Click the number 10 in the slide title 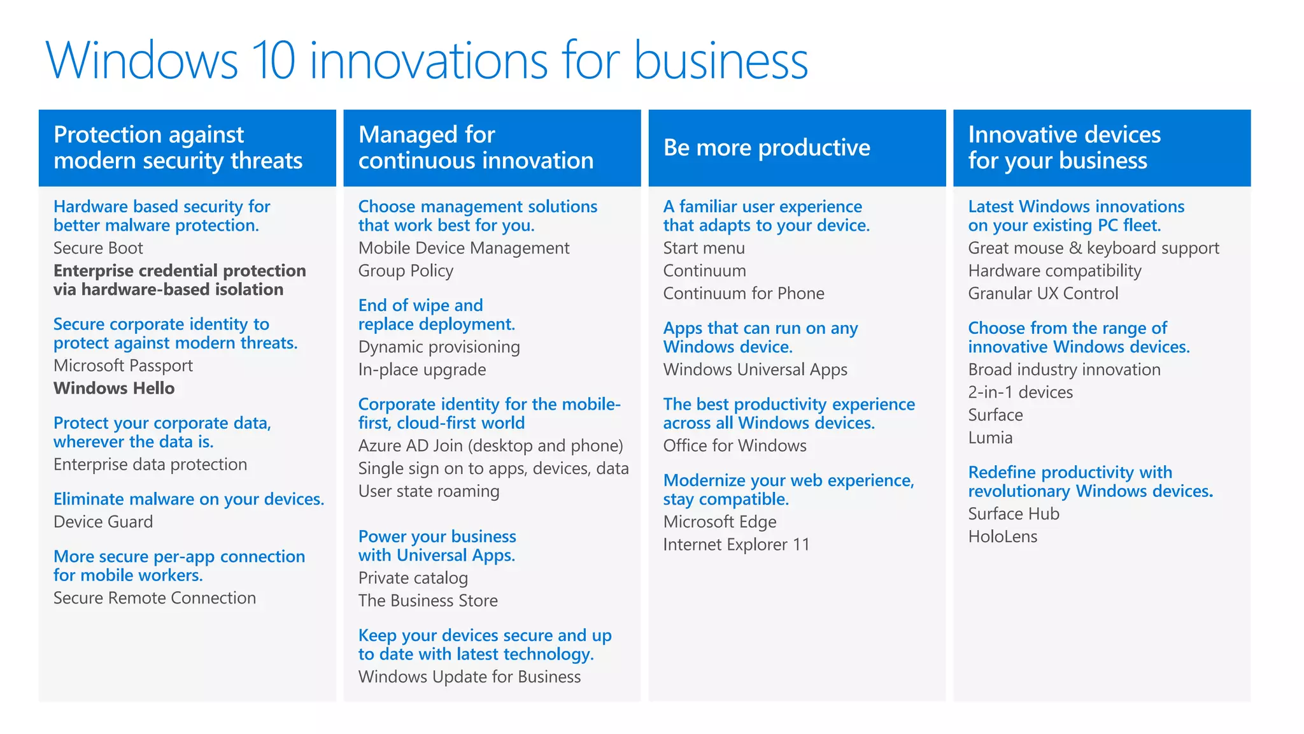click(x=274, y=61)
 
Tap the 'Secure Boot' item click(x=98, y=248)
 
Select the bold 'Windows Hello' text click(x=114, y=388)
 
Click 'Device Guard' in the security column click(x=103, y=522)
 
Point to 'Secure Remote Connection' click(x=155, y=598)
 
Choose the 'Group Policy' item click(x=406, y=271)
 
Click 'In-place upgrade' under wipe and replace click(x=422, y=370)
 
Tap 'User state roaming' click(x=429, y=491)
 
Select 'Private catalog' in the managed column click(x=413, y=578)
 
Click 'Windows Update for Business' click(x=469, y=677)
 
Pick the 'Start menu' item click(x=704, y=248)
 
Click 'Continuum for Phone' click(x=744, y=293)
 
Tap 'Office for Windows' click(x=735, y=445)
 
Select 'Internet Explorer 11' click(x=736, y=545)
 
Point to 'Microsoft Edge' click(x=719, y=522)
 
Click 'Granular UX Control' click(x=1043, y=293)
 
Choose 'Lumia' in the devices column click(x=990, y=438)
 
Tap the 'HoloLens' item click(x=1002, y=536)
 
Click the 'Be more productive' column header click(x=767, y=148)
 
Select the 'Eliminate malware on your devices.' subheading click(x=188, y=499)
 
